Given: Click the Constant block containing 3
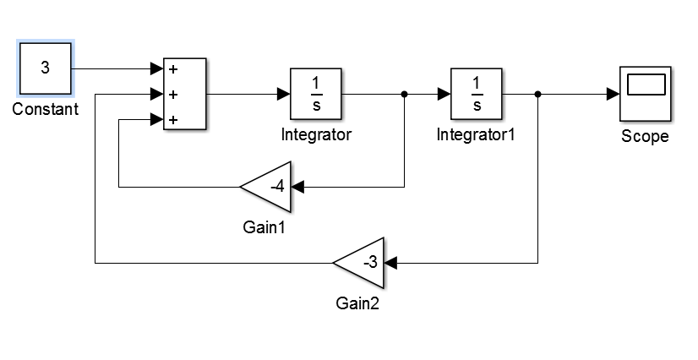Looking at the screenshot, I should (x=45, y=69).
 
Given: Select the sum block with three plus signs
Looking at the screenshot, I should (x=184, y=94).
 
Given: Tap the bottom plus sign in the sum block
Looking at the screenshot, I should (x=173, y=120).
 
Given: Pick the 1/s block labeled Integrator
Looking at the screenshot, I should (x=316, y=94).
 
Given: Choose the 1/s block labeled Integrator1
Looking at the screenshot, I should (x=477, y=94).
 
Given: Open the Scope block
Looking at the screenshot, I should (x=646, y=94).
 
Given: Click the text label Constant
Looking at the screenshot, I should (x=46, y=110).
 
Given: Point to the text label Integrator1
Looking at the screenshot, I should (x=476, y=134).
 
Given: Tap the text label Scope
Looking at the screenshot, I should (x=645, y=136).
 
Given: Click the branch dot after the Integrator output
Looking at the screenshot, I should (x=405, y=94).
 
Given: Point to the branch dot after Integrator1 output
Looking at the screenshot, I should (x=538, y=94).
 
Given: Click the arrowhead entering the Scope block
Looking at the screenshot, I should (x=614, y=94).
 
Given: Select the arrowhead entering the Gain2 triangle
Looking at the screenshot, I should (x=391, y=263).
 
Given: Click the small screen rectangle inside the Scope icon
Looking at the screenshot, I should (x=646, y=85).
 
